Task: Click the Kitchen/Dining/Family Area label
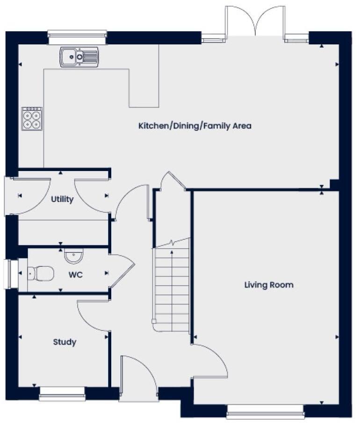(x=194, y=126)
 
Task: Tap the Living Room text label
(x=269, y=285)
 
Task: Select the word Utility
(x=62, y=200)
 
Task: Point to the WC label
(x=76, y=275)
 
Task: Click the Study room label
(x=65, y=342)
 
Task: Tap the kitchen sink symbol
(x=79, y=57)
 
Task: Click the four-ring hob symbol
(x=32, y=119)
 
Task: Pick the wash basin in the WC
(x=73, y=257)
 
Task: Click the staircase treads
(x=172, y=285)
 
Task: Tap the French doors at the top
(x=255, y=22)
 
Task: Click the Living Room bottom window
(x=266, y=411)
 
